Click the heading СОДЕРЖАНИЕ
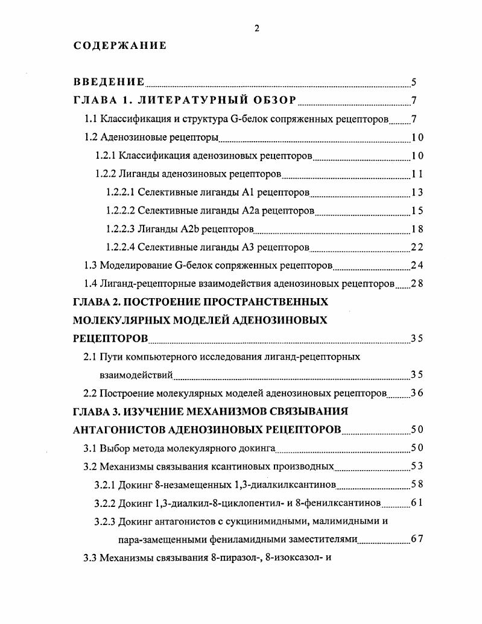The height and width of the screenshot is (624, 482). pyautogui.click(x=120, y=46)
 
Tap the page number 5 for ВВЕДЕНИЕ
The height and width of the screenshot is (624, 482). pyautogui.click(x=413, y=83)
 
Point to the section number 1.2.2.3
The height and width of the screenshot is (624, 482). pyautogui.click(x=120, y=229)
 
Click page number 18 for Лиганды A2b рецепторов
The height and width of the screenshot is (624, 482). pyautogui.click(x=416, y=229)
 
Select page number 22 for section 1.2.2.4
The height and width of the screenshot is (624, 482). pyautogui.click(x=416, y=247)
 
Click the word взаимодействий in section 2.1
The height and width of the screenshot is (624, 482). pyautogui.click(x=136, y=375)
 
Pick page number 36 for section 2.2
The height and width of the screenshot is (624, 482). pyautogui.click(x=416, y=393)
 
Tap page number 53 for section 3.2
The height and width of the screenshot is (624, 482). pyautogui.click(x=416, y=466)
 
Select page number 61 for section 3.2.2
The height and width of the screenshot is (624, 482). pyautogui.click(x=416, y=503)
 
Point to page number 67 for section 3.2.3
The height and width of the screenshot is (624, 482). pyautogui.click(x=416, y=539)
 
